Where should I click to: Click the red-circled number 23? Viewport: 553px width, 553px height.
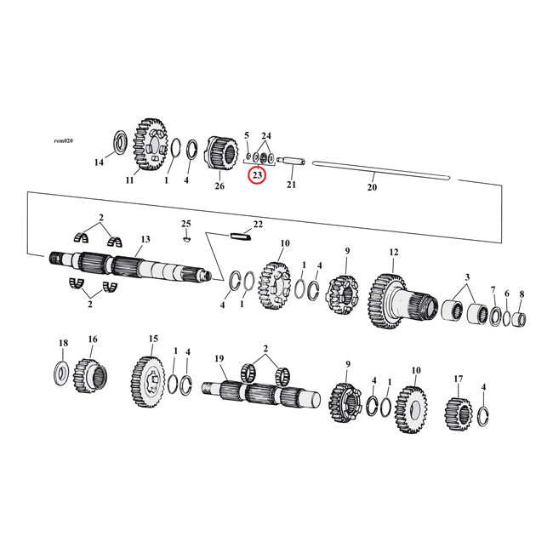click(256, 174)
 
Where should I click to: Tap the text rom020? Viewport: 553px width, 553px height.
click(64, 140)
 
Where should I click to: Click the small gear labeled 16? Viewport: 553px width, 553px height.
click(89, 371)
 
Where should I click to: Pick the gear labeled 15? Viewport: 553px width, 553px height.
click(147, 376)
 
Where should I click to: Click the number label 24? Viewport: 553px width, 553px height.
click(266, 136)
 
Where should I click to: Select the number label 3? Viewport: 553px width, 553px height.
click(467, 277)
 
